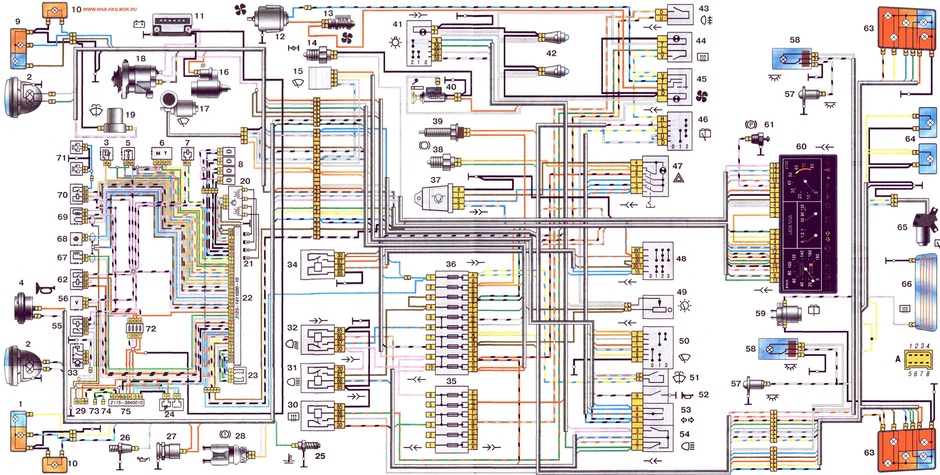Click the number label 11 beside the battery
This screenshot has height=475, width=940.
[x=199, y=16]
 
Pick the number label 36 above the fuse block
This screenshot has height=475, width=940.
[x=451, y=264]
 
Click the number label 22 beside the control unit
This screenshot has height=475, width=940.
[x=247, y=298]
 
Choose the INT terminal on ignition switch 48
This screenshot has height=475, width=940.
[x=637, y=250]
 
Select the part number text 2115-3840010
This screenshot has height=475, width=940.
[x=126, y=402]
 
